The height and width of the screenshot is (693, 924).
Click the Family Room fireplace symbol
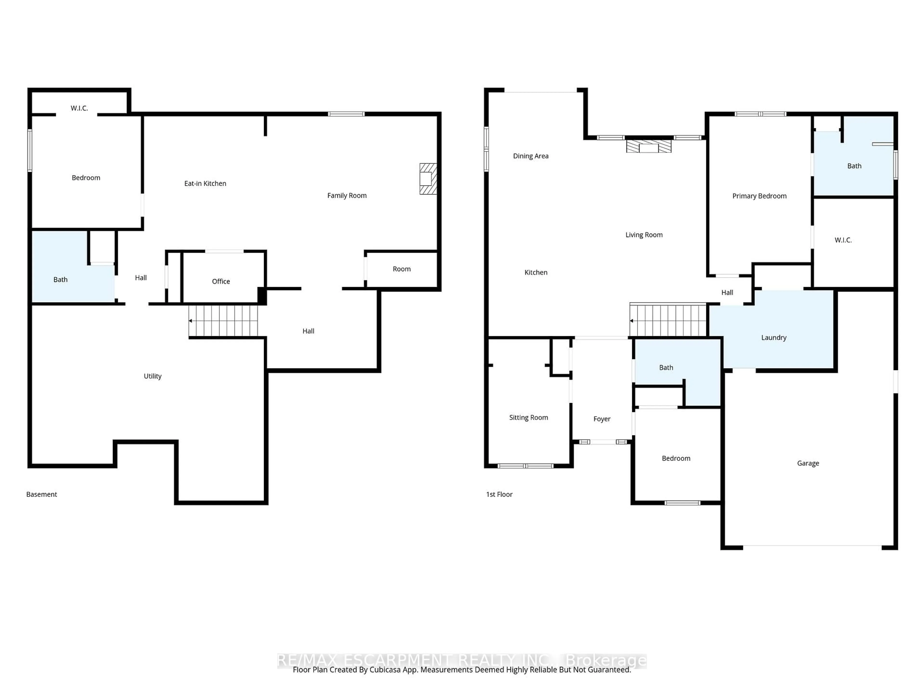click(428, 179)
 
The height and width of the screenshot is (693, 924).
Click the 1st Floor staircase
click(667, 321)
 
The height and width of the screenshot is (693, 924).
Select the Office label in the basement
click(221, 282)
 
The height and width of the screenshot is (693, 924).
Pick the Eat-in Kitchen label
click(205, 183)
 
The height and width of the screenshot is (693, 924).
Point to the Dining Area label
click(531, 156)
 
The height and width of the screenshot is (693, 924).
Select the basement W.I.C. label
click(79, 108)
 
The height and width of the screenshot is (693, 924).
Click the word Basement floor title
click(41, 494)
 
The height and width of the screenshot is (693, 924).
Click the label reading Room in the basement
click(401, 269)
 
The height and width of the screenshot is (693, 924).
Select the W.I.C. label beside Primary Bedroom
click(843, 240)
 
